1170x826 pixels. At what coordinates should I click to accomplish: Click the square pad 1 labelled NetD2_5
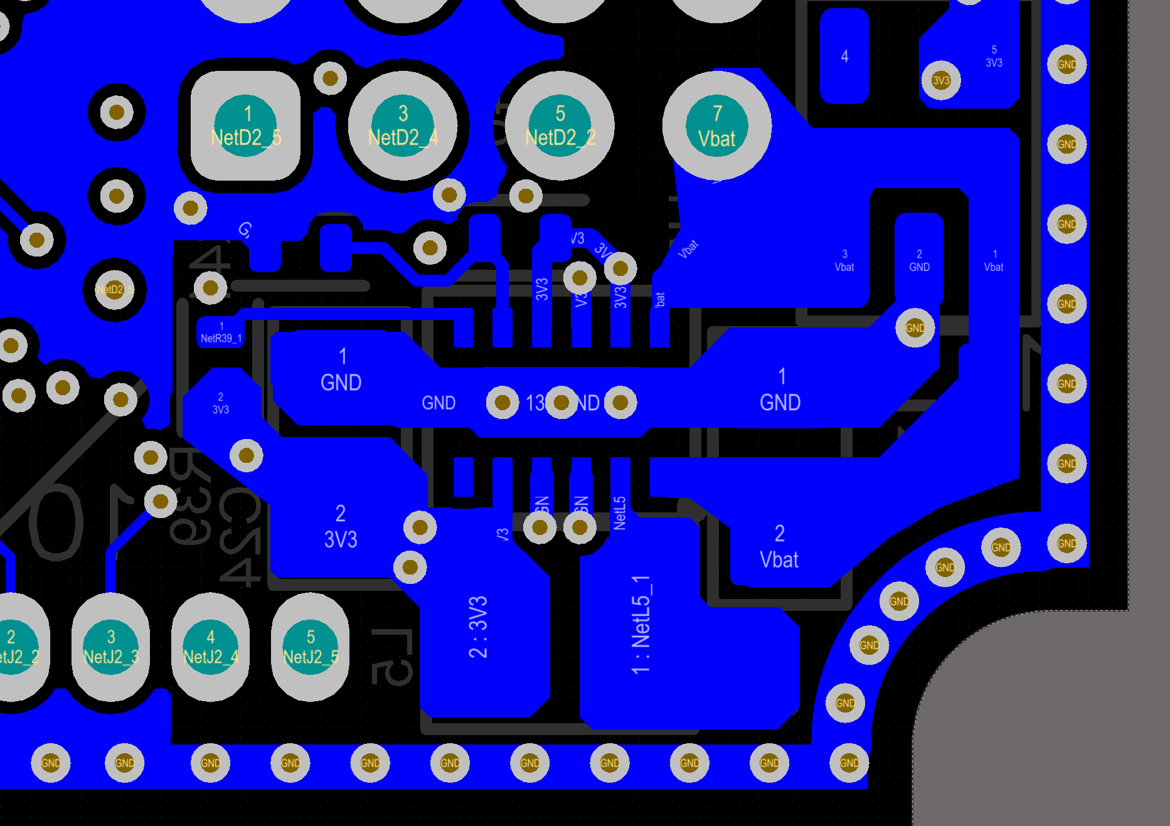click(x=246, y=125)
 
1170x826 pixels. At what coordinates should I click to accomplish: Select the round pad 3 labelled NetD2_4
click(x=403, y=125)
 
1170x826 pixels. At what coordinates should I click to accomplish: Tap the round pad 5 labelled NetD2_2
click(x=560, y=125)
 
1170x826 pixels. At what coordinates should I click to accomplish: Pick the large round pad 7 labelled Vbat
click(x=716, y=125)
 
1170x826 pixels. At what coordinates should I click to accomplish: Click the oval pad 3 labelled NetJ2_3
click(x=111, y=647)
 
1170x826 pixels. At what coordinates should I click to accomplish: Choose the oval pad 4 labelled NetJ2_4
click(x=210, y=647)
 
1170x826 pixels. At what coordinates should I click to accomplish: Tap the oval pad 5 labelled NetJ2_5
click(x=310, y=647)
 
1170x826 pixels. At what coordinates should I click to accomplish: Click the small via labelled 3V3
click(x=940, y=80)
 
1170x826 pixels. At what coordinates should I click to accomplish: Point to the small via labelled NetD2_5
click(x=114, y=290)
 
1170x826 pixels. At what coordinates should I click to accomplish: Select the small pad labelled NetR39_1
click(x=221, y=332)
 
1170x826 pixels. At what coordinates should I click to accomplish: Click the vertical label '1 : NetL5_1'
click(x=641, y=625)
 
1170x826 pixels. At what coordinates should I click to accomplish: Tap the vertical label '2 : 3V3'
click(x=478, y=627)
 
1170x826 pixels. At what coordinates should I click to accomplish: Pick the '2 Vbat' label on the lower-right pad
click(x=779, y=547)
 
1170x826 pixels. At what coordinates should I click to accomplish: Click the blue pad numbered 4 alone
click(x=844, y=56)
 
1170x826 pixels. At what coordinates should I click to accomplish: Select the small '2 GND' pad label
click(x=919, y=261)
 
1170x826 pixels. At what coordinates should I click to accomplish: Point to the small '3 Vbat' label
click(x=844, y=261)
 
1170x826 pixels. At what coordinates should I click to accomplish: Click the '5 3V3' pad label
click(x=994, y=56)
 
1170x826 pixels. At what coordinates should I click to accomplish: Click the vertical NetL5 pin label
click(x=620, y=513)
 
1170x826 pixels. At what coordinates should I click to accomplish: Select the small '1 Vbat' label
click(x=994, y=261)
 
